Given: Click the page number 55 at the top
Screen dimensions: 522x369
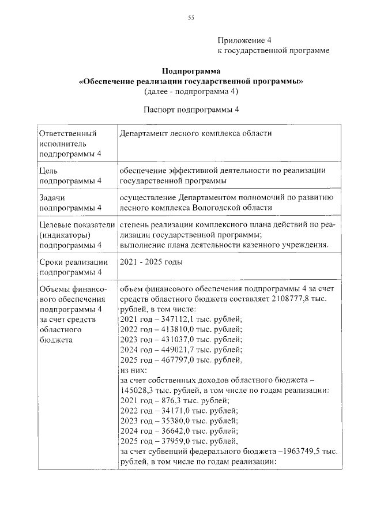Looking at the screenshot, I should coord(191,18).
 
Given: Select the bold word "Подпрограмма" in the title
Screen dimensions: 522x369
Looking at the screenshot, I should coord(190,72).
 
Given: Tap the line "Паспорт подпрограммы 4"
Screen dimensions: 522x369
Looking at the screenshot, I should coord(190,109).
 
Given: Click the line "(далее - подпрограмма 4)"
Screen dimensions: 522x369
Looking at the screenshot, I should coord(190,91).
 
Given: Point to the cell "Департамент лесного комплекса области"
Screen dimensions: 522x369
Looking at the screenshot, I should coord(195,133).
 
